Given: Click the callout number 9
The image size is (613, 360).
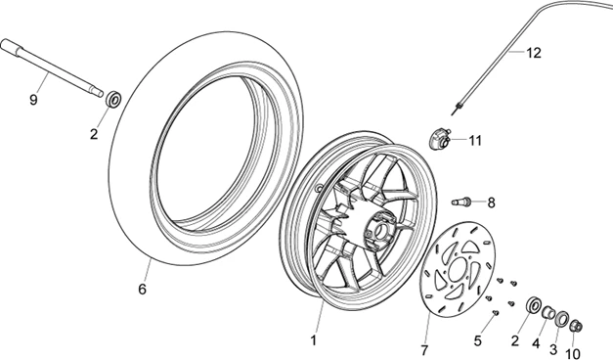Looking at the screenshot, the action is point(33,100).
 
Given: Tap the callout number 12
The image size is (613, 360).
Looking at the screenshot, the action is point(533,53).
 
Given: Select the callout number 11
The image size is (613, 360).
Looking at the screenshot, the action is point(475,140).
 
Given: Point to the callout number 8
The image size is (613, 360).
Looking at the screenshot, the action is point(491,202).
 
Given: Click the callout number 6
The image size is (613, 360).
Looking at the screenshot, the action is point(143,290).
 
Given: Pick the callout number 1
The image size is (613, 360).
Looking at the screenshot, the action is point(313,340).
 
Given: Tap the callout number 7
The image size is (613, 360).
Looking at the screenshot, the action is point(424,350).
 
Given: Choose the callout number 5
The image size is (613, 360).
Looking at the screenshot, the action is point(477,340).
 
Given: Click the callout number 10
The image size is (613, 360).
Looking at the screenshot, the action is point(573,354).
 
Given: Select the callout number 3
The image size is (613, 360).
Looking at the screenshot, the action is point(553,348).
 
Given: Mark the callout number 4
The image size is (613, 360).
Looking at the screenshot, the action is point(536,343).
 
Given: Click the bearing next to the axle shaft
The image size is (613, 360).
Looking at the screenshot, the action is point(114,100).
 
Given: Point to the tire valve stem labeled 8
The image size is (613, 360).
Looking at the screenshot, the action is point(460,202).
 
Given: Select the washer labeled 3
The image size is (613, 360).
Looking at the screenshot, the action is point(561,319).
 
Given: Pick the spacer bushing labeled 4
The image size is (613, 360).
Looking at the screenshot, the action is point(547,313).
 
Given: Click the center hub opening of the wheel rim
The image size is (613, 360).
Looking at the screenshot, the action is point(379,232).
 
